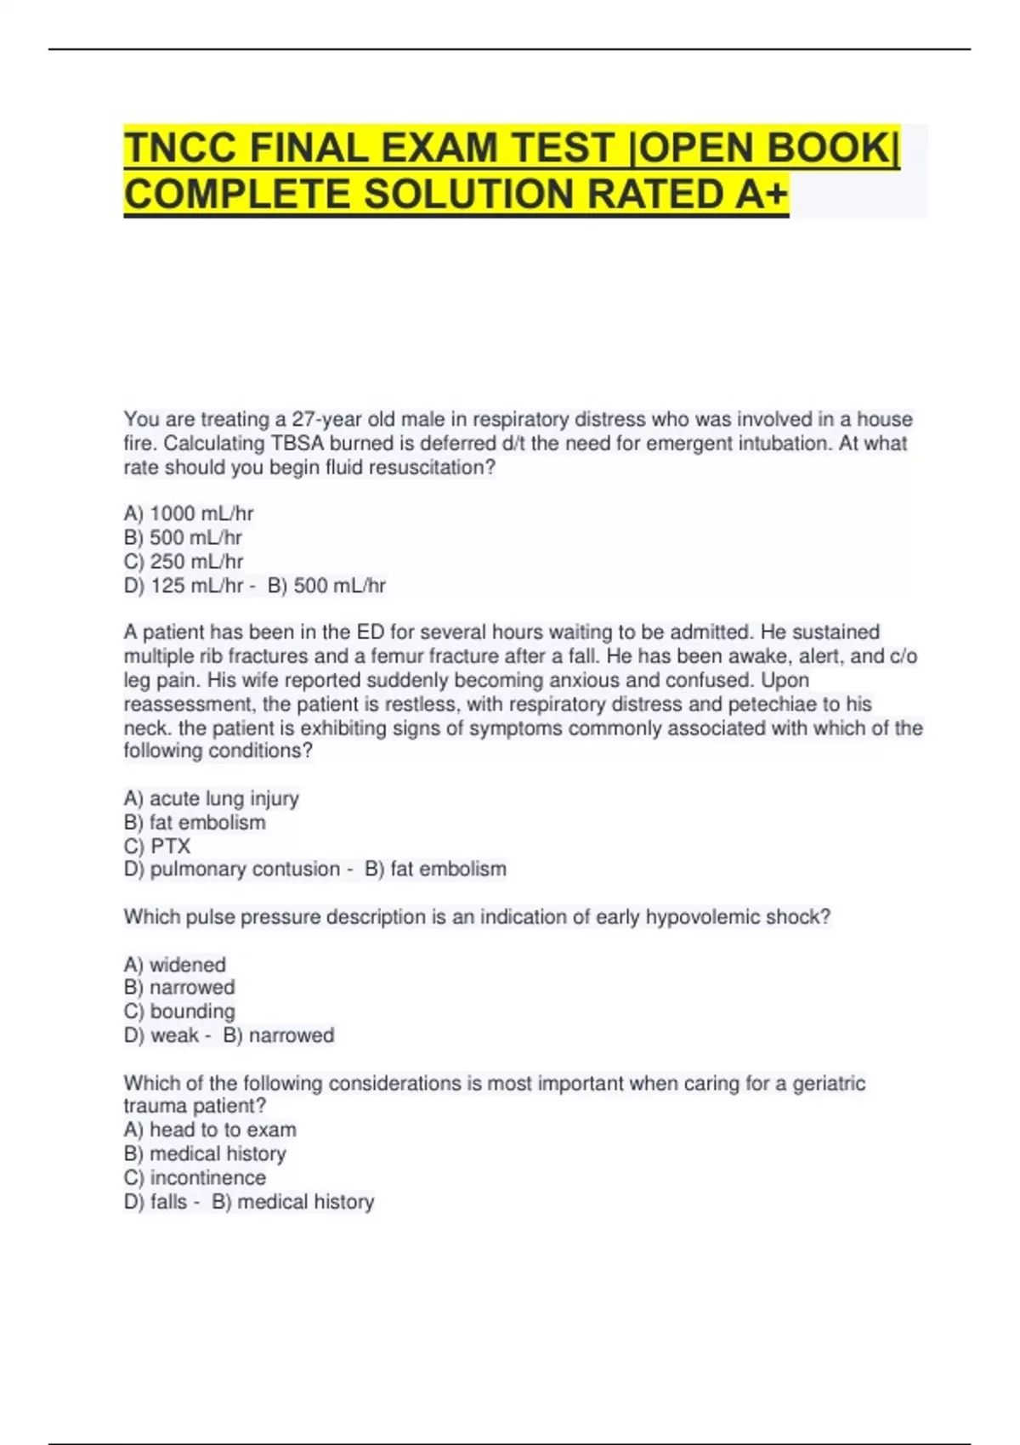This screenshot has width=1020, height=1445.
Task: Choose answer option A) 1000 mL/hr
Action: (189, 513)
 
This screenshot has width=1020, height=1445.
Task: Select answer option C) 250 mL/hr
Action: (184, 562)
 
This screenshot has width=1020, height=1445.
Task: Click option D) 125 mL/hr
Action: (184, 586)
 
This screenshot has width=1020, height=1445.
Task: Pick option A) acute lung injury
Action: (211, 799)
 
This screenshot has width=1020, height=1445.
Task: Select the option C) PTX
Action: (157, 847)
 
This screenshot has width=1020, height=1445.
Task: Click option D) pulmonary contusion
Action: (231, 870)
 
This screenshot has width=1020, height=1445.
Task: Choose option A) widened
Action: (174, 965)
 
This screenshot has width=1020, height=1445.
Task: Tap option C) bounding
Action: (179, 1011)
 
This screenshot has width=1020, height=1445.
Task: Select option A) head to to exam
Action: (210, 1130)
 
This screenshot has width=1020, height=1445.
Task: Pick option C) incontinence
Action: (195, 1178)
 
